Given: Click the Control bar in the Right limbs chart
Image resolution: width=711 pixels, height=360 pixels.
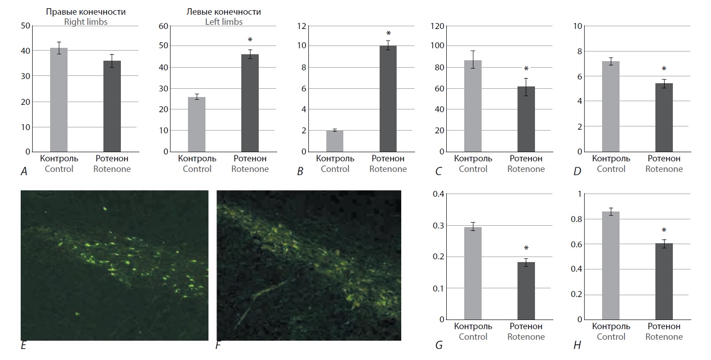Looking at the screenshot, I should click(58, 100).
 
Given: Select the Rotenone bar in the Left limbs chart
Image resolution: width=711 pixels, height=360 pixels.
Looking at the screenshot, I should click(250, 103).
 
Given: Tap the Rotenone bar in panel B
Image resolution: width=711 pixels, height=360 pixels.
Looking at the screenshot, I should click(388, 99).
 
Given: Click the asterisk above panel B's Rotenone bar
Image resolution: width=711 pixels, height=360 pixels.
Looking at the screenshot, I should click(388, 34).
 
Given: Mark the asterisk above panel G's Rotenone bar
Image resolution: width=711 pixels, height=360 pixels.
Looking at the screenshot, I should click(526, 249).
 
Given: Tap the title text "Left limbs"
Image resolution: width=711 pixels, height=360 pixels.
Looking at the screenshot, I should click(224, 22).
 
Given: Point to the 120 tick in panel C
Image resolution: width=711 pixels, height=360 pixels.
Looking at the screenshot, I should click(437, 26).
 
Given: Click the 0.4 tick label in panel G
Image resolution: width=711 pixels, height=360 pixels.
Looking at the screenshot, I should click(438, 194).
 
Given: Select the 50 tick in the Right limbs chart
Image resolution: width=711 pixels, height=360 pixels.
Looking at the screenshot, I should click(25, 26).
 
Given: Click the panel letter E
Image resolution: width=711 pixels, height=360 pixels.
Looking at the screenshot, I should click(23, 345).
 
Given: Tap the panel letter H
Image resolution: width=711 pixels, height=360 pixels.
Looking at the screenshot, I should click(577, 345).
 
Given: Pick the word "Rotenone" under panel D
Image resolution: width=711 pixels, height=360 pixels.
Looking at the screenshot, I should click(664, 169).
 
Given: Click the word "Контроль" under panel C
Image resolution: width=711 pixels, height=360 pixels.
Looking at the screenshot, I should click(473, 159).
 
